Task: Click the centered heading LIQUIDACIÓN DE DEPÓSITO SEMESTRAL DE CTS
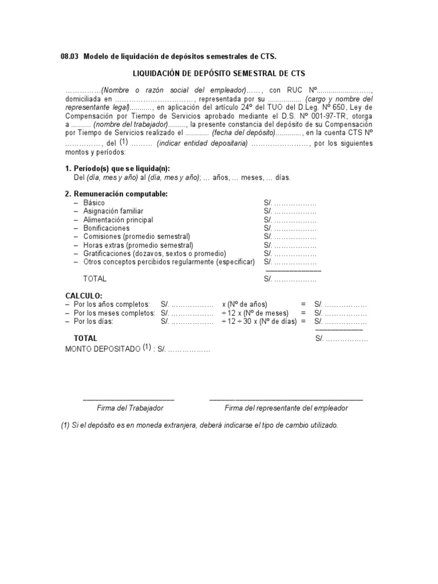[219, 74]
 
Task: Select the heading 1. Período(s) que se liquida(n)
[117, 168]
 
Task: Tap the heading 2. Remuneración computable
[116, 194]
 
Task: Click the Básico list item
[94, 202]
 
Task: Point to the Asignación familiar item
[113, 211]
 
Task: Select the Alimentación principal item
[118, 220]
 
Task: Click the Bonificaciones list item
[107, 228]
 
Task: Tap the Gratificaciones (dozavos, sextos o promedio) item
[155, 253]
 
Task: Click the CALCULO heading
[84, 295]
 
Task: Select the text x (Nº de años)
[245, 305]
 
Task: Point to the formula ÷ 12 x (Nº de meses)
[255, 313]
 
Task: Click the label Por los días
[94, 322]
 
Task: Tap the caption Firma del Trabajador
[130, 408]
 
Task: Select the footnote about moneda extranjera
[200, 425]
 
